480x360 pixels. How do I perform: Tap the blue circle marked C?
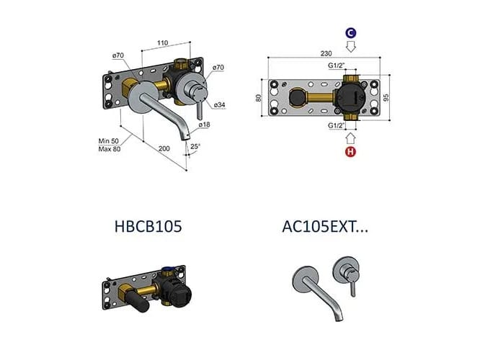(x=350, y=33)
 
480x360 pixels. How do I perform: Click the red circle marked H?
(x=350, y=152)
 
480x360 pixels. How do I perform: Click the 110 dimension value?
(x=164, y=42)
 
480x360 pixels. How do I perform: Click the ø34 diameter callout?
(x=218, y=105)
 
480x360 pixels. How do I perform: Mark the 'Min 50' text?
(x=110, y=140)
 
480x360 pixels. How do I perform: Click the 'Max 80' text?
(x=110, y=149)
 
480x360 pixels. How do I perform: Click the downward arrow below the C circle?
(x=350, y=48)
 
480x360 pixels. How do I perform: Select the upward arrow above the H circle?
(x=350, y=138)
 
